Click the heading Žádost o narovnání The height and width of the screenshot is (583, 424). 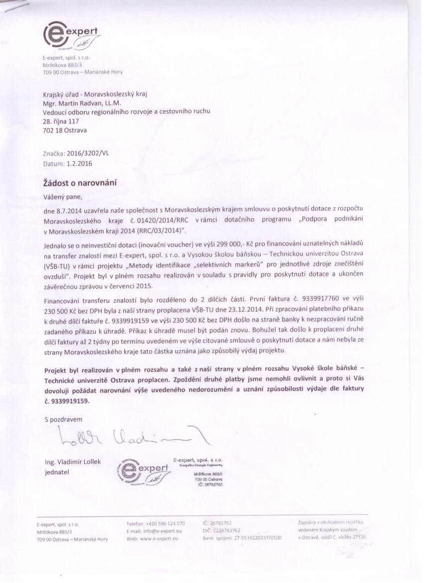click(x=80, y=183)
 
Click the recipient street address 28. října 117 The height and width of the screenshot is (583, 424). click(x=61, y=121)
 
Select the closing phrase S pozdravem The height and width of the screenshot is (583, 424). click(x=63, y=419)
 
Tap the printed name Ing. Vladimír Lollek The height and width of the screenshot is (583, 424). click(x=73, y=462)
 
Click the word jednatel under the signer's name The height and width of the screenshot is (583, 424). click(x=57, y=472)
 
